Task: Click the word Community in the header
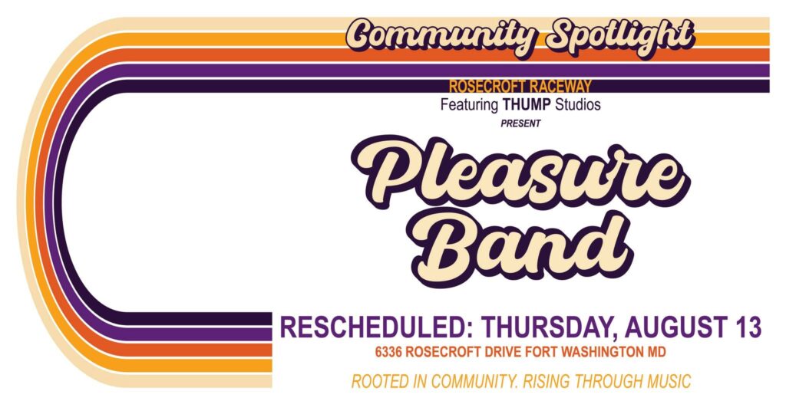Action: [x=441, y=35]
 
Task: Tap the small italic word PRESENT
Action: [x=520, y=123]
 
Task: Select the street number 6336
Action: [x=388, y=352]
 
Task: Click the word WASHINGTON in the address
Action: [x=603, y=352]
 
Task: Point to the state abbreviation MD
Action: [x=657, y=352]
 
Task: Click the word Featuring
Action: [x=469, y=105]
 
